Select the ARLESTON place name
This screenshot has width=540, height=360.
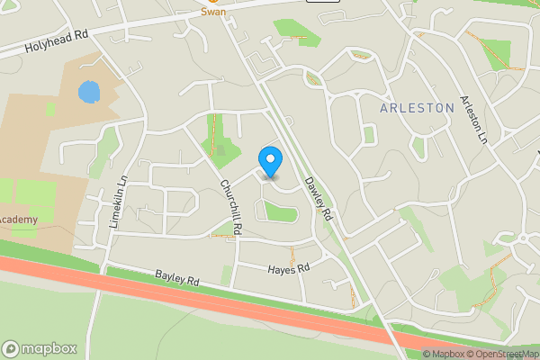coord(417,108)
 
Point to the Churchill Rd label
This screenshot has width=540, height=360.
coord(231,206)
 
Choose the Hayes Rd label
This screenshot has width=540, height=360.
coord(288,268)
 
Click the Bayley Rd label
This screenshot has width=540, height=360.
coord(175,279)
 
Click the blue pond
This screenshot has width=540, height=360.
coord(88,92)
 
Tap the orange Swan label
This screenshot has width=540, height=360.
coord(213,12)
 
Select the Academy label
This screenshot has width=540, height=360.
coord(18,220)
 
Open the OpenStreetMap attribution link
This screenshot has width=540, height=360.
coord(508,354)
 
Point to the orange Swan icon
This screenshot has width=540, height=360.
coord(213,2)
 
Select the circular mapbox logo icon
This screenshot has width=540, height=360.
coord(11,348)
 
